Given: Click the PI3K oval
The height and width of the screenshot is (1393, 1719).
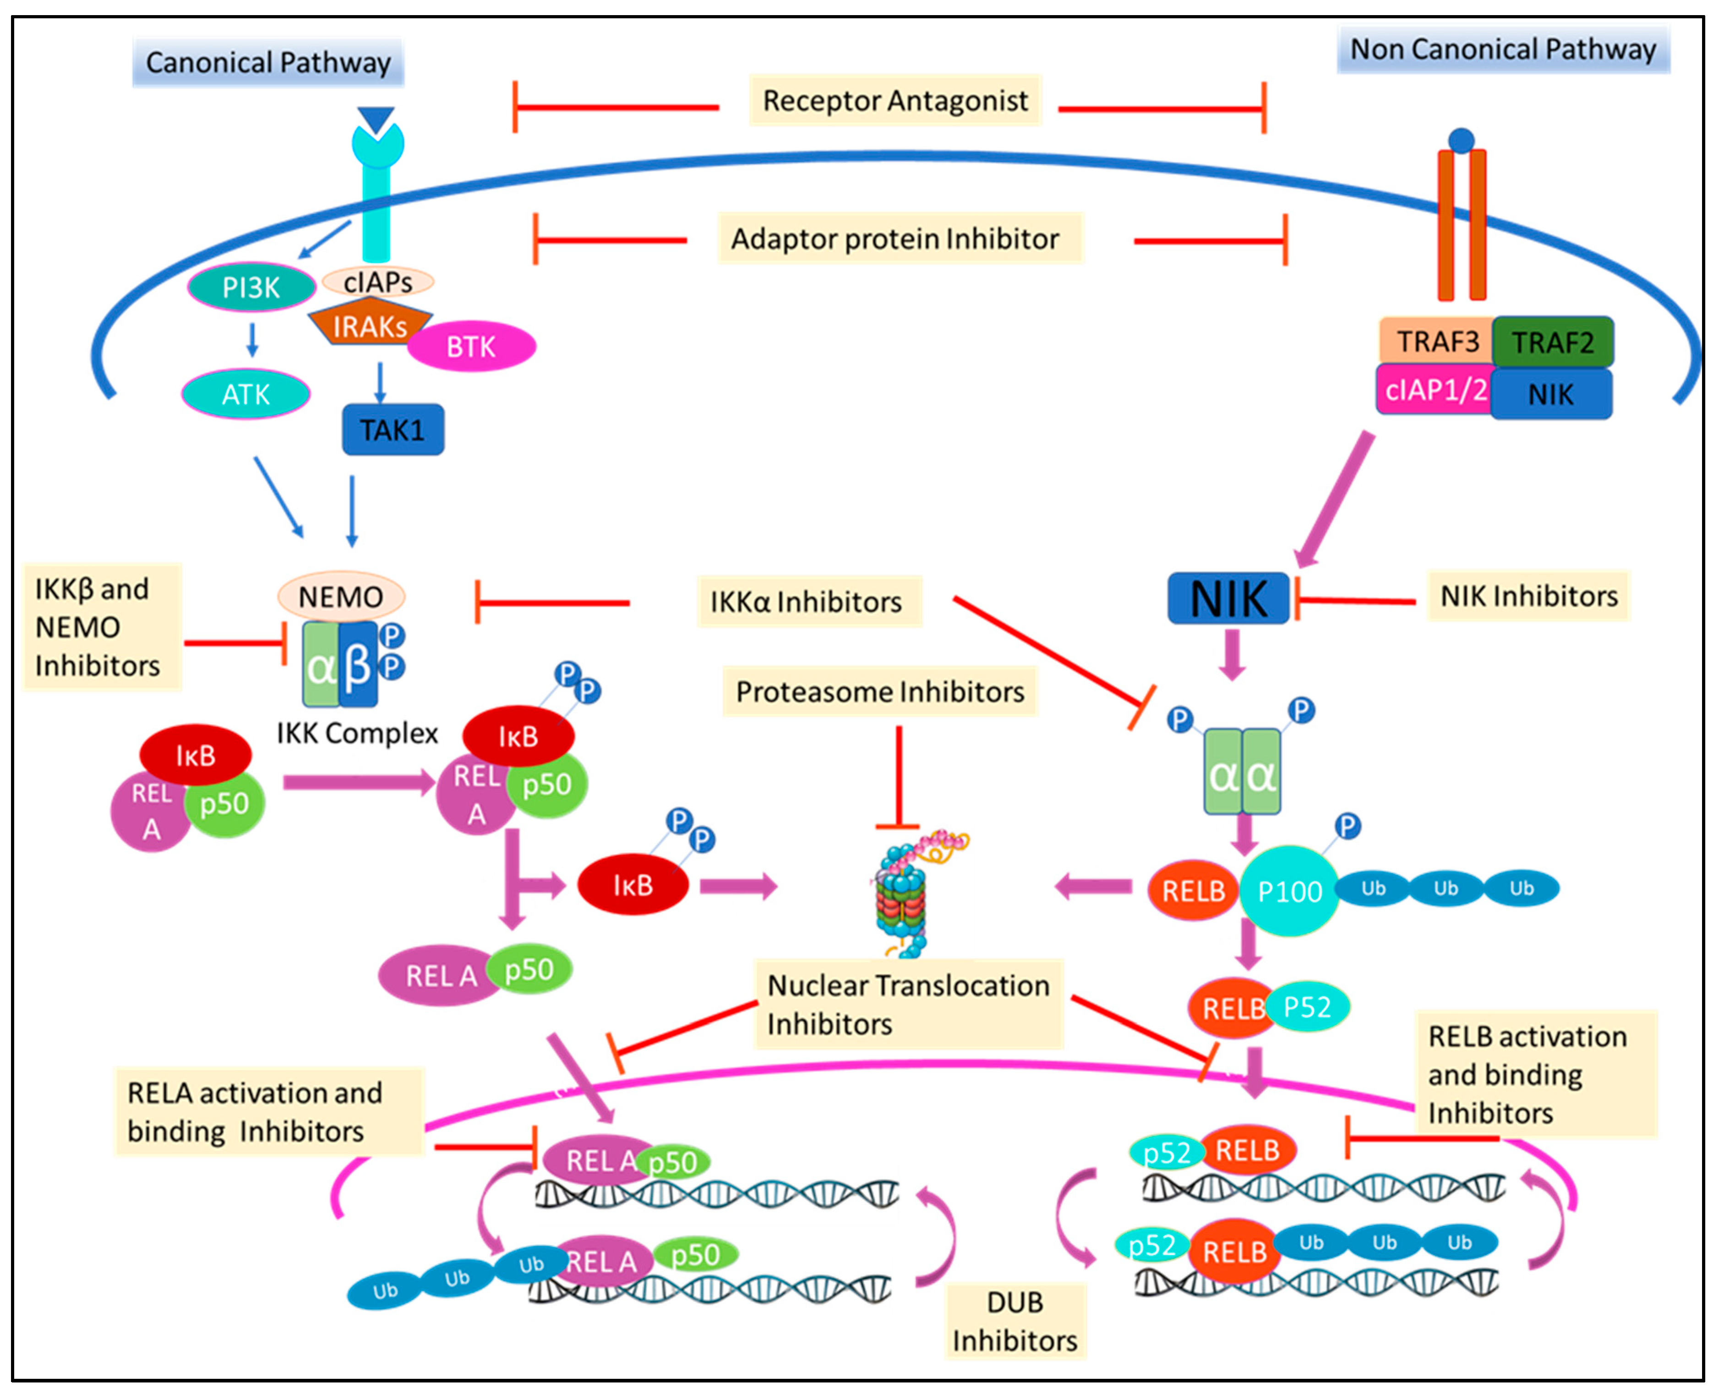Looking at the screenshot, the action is coord(251,287).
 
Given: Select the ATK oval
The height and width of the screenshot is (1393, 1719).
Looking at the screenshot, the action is coord(246,394).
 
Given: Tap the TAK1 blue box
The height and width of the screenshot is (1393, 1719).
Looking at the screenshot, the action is coord(393,429).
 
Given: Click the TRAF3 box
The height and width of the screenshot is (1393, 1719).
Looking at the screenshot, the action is coord(1436,341).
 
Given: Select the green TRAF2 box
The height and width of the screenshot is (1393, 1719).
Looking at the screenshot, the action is coord(1552,342).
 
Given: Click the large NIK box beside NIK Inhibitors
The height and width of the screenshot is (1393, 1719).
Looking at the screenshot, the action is coord(1228,598).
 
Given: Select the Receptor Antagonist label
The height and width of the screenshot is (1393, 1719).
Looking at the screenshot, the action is coord(895,100).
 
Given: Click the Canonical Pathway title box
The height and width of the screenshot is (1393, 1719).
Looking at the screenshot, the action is coord(268,62).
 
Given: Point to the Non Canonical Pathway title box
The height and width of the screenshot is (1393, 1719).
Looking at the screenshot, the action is coord(1503,49).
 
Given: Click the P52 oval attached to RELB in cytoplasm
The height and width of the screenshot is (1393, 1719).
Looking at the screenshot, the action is coord(1306,1006).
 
